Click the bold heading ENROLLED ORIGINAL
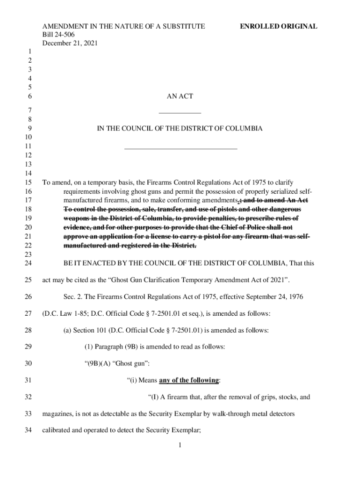click(278, 27)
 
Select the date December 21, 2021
click(70, 43)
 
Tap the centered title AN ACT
click(180, 96)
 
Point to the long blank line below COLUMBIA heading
click(180, 149)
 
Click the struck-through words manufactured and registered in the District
click(130, 246)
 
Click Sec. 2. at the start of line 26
click(73, 297)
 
